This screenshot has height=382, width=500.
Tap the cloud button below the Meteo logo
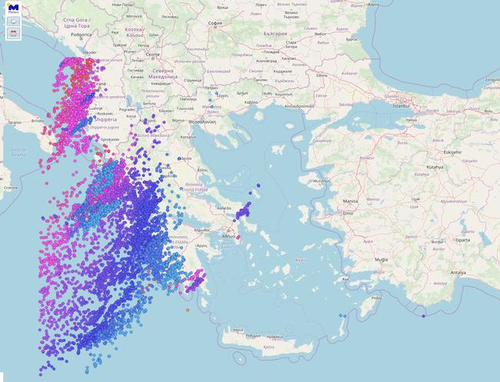point(13,22)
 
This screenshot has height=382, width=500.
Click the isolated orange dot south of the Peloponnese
point(188,310)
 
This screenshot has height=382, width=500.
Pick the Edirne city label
point(322,75)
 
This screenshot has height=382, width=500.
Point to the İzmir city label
point(348,213)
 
